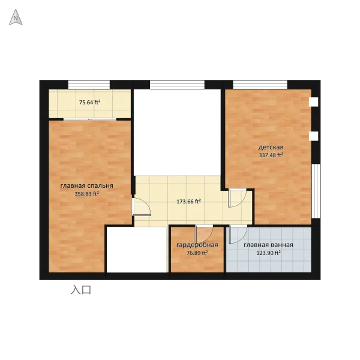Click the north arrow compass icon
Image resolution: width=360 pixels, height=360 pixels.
click(x=16, y=17)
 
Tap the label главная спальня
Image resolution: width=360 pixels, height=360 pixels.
click(x=87, y=186)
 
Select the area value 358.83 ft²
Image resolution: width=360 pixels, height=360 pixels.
click(x=87, y=194)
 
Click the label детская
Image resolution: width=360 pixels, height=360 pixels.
click(x=271, y=147)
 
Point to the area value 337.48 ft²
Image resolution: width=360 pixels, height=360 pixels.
click(x=271, y=155)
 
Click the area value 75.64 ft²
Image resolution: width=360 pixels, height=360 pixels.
click(x=90, y=103)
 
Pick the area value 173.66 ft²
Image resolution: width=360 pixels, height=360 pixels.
click(x=189, y=202)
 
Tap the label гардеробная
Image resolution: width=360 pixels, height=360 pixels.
click(x=197, y=245)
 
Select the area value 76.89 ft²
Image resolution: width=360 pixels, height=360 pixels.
click(x=197, y=253)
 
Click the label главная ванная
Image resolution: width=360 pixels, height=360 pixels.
click(x=268, y=245)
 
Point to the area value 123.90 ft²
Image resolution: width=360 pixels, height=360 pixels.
click(x=268, y=253)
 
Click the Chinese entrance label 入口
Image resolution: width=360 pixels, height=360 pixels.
click(x=81, y=290)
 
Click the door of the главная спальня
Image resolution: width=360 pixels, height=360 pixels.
click(x=142, y=207)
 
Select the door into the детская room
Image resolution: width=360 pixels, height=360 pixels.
click(x=237, y=198)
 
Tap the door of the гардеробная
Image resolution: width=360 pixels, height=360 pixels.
click(x=204, y=234)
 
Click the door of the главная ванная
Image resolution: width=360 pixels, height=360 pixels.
click(x=238, y=234)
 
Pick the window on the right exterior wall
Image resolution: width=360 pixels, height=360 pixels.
click(x=316, y=191)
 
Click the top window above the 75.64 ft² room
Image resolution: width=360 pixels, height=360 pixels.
click(x=89, y=84)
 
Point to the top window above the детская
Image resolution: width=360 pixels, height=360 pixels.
click(x=260, y=84)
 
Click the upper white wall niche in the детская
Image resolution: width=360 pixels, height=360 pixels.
click(x=314, y=102)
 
